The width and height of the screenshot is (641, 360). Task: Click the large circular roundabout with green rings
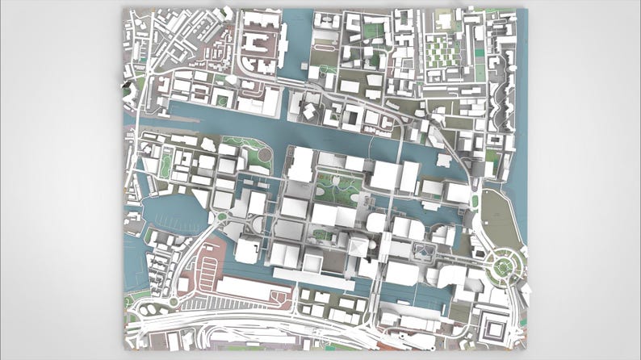(x=505, y=264)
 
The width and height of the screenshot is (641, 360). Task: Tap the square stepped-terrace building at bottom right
(x=493, y=327)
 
